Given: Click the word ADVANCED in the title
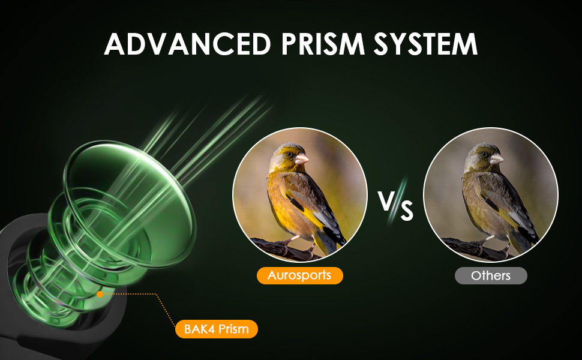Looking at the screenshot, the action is click(187, 44).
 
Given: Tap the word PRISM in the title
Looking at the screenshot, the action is click(323, 44).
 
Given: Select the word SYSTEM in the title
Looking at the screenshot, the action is click(425, 44).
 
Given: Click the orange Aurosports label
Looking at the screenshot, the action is click(299, 275).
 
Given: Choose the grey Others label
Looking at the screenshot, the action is click(491, 276).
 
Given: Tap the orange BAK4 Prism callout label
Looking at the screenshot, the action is click(217, 329).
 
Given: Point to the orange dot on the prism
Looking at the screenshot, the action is click(100, 295).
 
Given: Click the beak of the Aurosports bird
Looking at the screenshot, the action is click(302, 159).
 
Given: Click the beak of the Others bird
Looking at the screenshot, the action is click(497, 159).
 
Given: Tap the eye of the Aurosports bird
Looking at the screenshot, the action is click(289, 154).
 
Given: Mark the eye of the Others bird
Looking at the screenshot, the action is click(484, 154).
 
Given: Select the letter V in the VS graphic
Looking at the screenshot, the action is click(385, 200).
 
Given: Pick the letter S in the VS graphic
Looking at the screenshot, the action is click(407, 211).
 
